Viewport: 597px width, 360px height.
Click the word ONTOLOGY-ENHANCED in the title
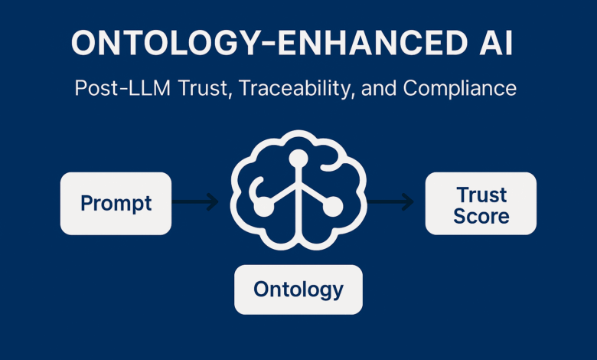click(269, 43)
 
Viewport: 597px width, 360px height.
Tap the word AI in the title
click(496, 43)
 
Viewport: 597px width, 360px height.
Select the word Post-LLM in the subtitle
click(122, 88)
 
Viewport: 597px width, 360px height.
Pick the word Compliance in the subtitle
click(459, 88)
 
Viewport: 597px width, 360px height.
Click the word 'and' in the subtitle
click(379, 88)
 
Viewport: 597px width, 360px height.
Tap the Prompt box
click(116, 204)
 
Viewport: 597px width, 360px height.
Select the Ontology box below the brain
click(298, 290)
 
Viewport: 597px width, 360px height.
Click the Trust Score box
click(481, 204)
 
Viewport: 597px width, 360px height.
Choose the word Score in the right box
click(481, 216)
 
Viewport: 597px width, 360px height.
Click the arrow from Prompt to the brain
click(195, 201)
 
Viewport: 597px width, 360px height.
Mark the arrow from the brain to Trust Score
click(390, 201)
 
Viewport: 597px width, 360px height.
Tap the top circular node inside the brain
click(298, 159)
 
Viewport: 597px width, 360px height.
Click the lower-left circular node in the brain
click(264, 207)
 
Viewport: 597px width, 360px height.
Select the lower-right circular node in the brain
click(333, 207)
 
